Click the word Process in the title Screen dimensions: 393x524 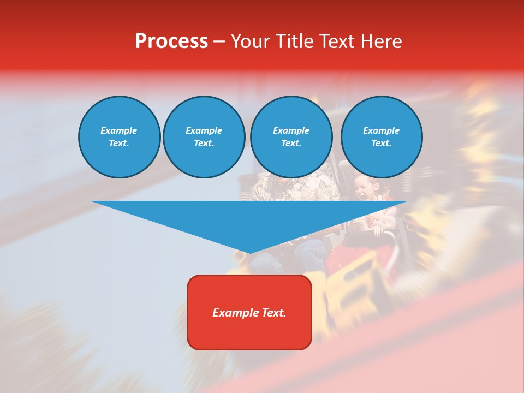171,41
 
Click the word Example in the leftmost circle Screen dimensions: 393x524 119,130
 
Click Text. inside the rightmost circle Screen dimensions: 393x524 382,144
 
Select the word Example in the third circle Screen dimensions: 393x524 291,130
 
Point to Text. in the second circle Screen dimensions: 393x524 204,144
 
